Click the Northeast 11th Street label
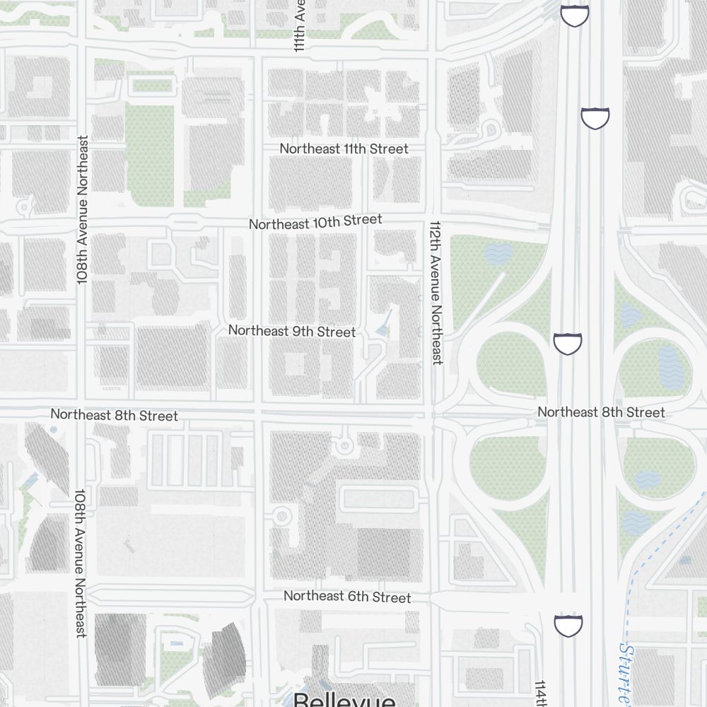coord(344,148)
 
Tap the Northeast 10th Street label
coord(315,222)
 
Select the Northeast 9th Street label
coord(291,330)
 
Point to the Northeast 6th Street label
coord(347,597)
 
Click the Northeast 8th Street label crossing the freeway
coord(601,411)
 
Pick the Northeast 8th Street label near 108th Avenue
coord(114,415)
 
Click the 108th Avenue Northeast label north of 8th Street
coord(83,211)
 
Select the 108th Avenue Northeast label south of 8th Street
coord(81,563)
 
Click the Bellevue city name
coord(344,700)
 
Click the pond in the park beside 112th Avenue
coord(498,253)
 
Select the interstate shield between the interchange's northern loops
coord(567,344)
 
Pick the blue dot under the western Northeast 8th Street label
coord(54,429)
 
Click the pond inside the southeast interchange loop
coord(648,480)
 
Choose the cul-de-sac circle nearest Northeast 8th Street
coord(344,445)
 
